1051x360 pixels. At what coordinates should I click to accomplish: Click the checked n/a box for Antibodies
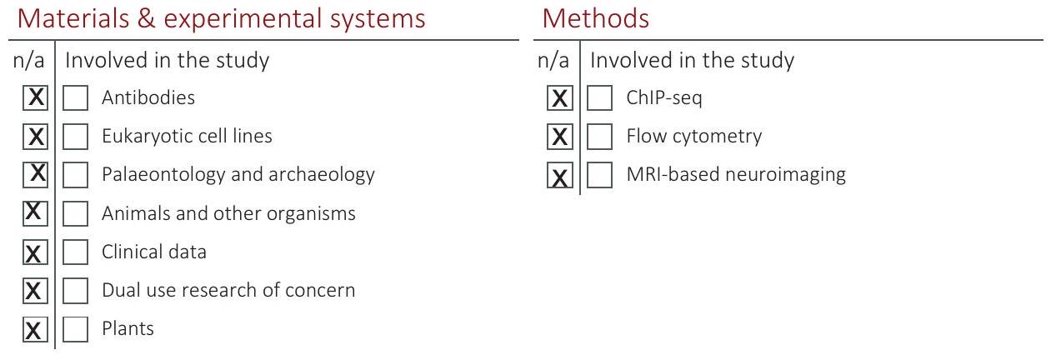tap(35, 97)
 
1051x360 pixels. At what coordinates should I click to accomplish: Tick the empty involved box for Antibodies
tap(75, 97)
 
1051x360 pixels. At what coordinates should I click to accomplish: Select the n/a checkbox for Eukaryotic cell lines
tap(35, 137)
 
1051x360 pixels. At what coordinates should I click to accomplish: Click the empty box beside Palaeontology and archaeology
tap(75, 175)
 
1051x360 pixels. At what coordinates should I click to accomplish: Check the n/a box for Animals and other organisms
tap(35, 213)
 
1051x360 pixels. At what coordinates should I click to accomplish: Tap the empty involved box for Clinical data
tap(75, 252)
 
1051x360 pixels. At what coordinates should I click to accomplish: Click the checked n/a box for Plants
tap(35, 329)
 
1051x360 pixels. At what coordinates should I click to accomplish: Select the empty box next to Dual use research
tap(75, 291)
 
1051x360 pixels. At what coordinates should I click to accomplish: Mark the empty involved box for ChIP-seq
tap(599, 97)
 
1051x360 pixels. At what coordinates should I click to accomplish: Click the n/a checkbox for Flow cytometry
tap(560, 137)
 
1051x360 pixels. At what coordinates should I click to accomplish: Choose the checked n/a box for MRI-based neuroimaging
tap(560, 175)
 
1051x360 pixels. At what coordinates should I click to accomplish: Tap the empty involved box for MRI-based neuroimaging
tap(599, 175)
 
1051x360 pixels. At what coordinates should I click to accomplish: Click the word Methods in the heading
tap(595, 19)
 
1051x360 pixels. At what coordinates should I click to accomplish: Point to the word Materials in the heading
tap(73, 19)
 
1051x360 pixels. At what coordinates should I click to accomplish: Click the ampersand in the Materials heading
tap(147, 19)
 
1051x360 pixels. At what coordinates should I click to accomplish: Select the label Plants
tap(128, 328)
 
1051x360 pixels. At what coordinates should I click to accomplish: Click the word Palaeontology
tap(163, 175)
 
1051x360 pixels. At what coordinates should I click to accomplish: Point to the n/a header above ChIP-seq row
tap(553, 60)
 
